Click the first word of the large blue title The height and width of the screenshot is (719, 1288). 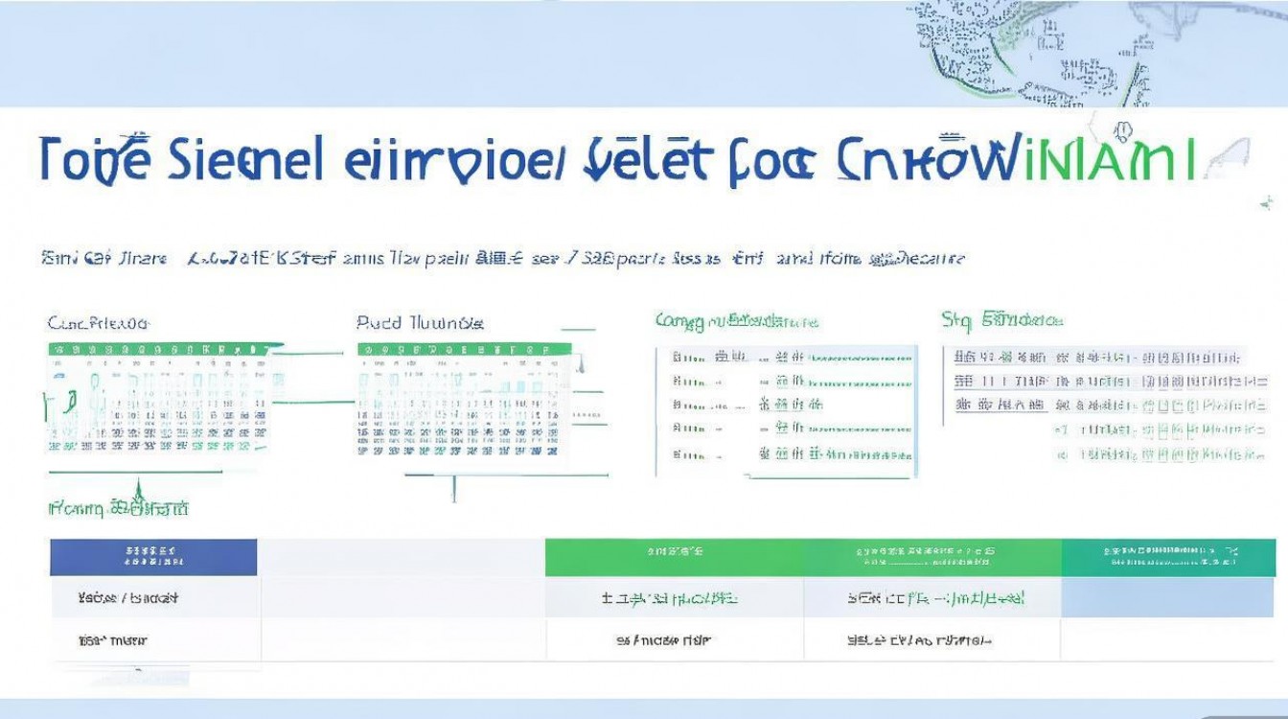tap(95, 159)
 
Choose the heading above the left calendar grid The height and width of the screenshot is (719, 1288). tap(99, 323)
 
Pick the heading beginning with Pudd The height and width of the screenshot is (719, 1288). tap(420, 323)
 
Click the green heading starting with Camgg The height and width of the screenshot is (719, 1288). tap(736, 321)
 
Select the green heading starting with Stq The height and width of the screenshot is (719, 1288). tap(1002, 319)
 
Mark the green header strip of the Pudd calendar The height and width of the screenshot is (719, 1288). tap(464, 350)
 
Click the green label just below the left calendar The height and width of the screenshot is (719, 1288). tap(119, 508)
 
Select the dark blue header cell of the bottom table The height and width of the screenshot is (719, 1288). tap(153, 557)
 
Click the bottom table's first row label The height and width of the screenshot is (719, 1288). tap(127, 598)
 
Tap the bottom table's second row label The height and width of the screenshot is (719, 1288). tap(113, 639)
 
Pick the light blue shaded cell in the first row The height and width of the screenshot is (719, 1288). tap(1167, 598)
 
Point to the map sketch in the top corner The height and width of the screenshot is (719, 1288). tap(1035, 53)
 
